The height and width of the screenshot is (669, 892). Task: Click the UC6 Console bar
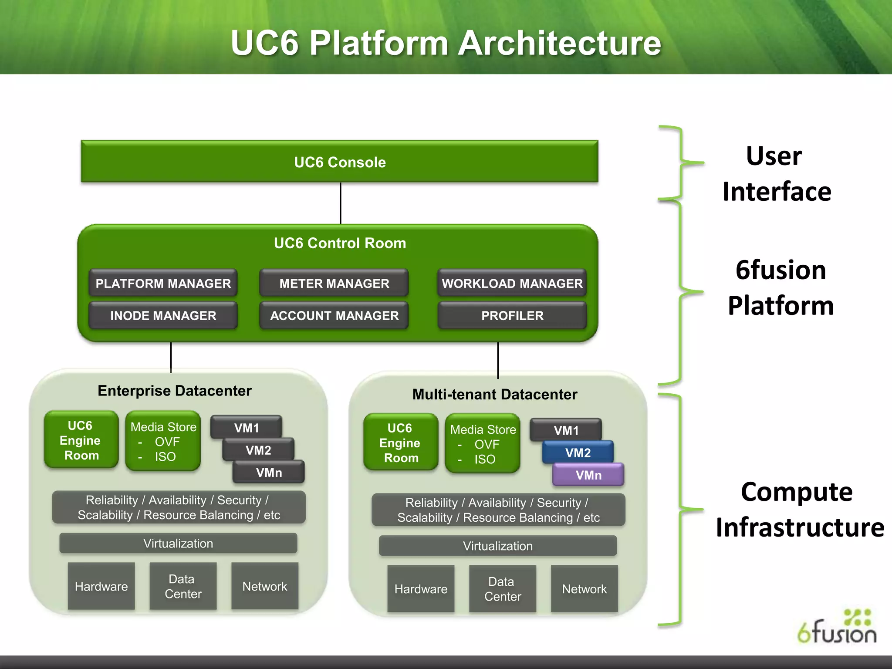click(x=339, y=162)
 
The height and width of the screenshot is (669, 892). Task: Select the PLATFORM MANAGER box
click(x=163, y=283)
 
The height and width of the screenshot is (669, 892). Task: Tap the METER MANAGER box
click(x=334, y=283)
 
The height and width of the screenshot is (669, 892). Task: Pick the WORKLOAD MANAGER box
click(x=512, y=283)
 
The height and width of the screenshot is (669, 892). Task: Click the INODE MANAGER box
click(x=163, y=315)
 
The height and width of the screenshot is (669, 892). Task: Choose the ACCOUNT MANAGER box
click(x=334, y=315)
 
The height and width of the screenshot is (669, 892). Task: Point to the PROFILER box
click(x=512, y=315)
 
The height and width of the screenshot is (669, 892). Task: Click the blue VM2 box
click(x=578, y=453)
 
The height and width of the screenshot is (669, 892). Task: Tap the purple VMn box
click(x=588, y=475)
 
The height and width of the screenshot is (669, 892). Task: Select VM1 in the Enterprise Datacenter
click(x=247, y=428)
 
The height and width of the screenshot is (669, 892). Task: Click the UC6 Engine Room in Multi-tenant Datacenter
click(x=400, y=443)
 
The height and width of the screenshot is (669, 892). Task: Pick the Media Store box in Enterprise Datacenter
click(x=163, y=441)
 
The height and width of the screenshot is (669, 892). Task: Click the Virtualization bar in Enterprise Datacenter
click(x=178, y=543)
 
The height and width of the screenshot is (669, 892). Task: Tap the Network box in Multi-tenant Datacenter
click(x=584, y=589)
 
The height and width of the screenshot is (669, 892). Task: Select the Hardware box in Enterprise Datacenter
click(x=101, y=586)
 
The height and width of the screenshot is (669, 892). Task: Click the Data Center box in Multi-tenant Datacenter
click(x=502, y=589)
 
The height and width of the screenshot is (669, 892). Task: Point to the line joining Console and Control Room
click(x=341, y=203)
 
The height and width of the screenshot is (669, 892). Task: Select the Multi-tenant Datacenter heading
click(x=495, y=394)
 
